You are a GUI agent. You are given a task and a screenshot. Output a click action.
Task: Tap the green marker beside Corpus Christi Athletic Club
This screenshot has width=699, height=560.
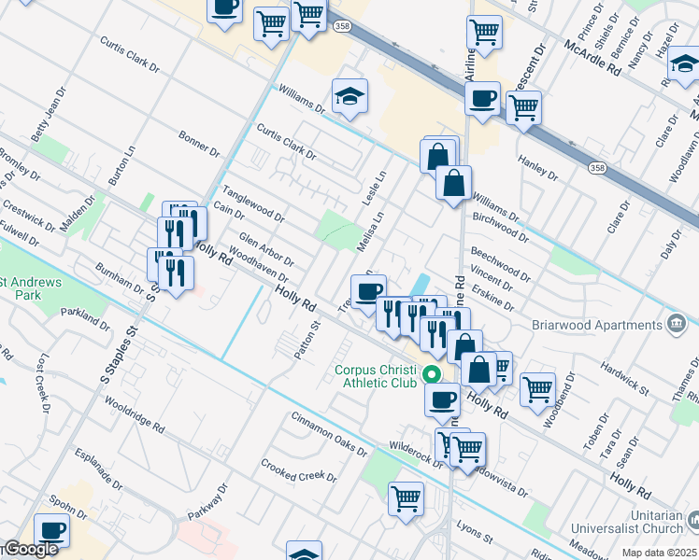tap(432, 376)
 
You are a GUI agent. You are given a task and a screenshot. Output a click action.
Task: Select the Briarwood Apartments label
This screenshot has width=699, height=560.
tap(609, 325)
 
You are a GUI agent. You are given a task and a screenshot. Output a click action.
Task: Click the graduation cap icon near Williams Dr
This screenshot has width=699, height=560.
tap(349, 96)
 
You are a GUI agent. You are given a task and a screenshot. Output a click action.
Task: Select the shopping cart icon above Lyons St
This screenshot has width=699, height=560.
tap(406, 498)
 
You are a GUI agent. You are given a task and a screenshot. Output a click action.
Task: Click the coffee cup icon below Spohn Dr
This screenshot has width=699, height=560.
tap(52, 530)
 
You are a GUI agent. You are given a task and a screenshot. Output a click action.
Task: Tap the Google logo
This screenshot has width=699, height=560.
tap(29, 550)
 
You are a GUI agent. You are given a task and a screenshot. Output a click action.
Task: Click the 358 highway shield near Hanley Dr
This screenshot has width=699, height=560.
tap(597, 167)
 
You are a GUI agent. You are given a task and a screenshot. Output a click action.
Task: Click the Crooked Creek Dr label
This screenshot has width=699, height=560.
tap(298, 470)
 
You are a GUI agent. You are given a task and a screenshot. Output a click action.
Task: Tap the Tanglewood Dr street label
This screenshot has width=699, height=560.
tap(252, 203)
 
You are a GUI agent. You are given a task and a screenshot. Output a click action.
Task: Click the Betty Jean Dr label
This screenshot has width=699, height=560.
tap(45, 123)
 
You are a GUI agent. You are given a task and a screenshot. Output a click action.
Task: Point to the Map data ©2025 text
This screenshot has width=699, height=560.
tap(660, 553)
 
